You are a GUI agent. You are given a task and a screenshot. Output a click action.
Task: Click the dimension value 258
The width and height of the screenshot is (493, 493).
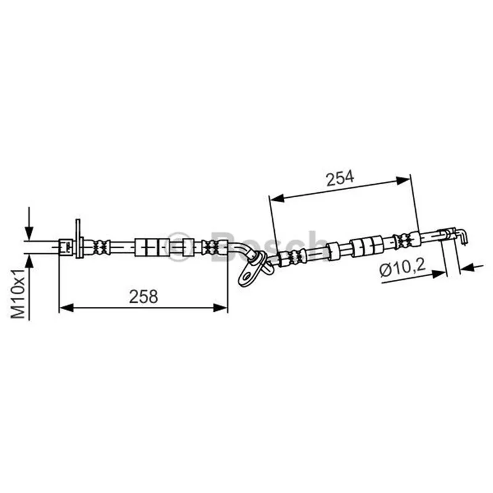coord(144,297)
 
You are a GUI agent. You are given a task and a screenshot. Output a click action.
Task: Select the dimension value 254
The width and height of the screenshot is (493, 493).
coord(340,178)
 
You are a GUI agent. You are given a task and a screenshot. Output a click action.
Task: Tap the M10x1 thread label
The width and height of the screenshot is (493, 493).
coord(18,294)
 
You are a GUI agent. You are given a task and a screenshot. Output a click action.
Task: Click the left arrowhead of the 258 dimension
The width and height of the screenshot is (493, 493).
coord(67,308)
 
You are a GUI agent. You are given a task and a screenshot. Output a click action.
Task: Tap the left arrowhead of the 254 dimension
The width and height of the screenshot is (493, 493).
coord(277,198)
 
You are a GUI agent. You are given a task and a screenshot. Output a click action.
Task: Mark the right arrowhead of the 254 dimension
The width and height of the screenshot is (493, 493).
coord(403,181)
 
